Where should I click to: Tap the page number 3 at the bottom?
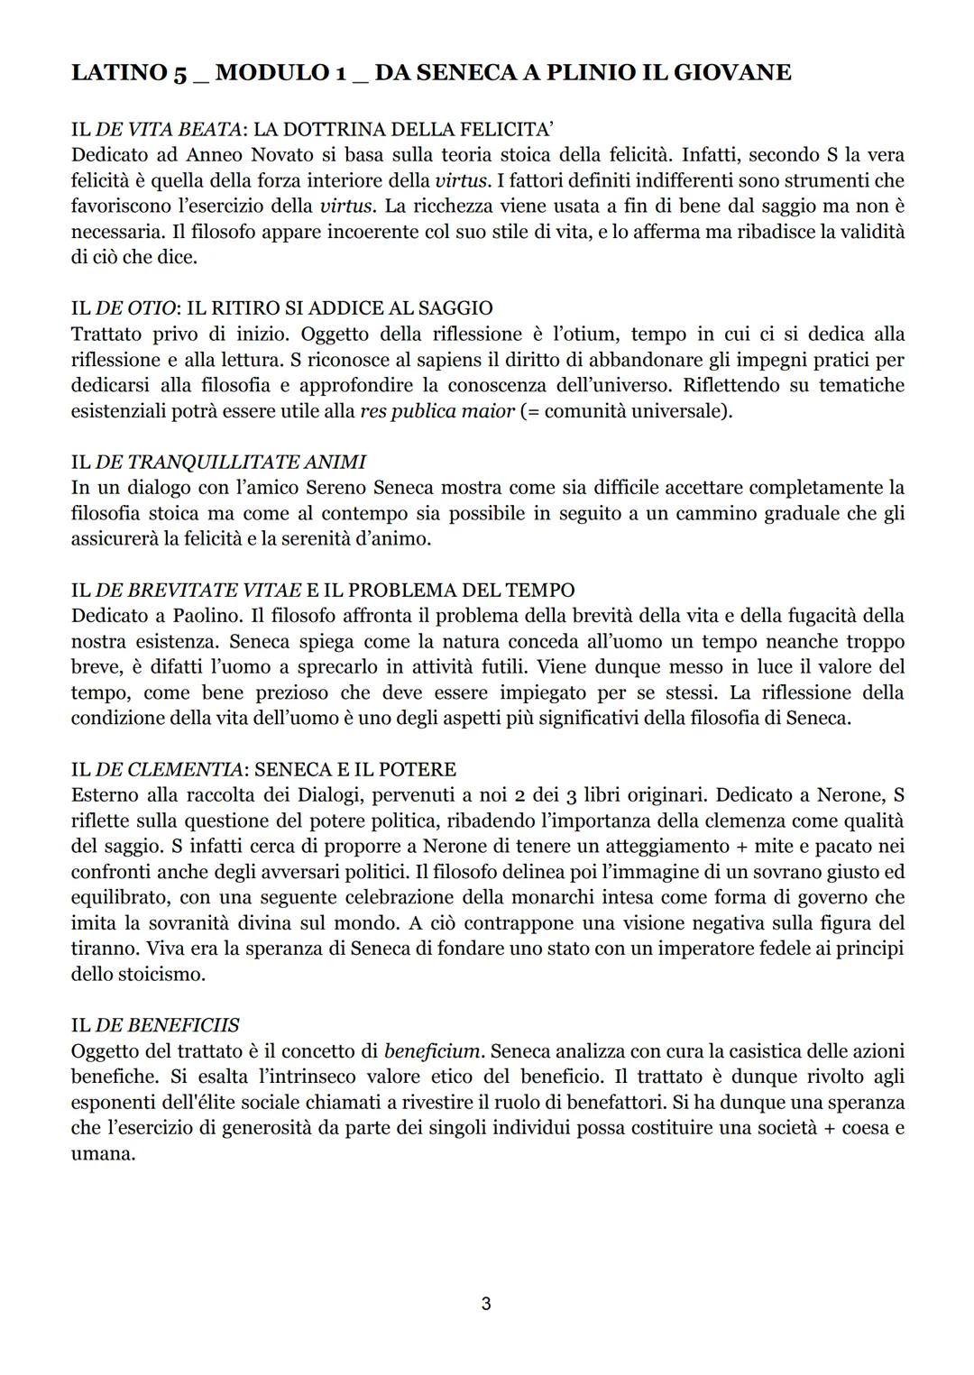pyautogui.click(x=486, y=1304)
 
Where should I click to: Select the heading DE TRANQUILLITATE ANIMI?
pyautogui.click(x=230, y=462)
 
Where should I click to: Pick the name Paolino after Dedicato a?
pyautogui.click(x=205, y=616)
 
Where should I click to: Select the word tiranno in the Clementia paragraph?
pyautogui.click(x=102, y=949)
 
